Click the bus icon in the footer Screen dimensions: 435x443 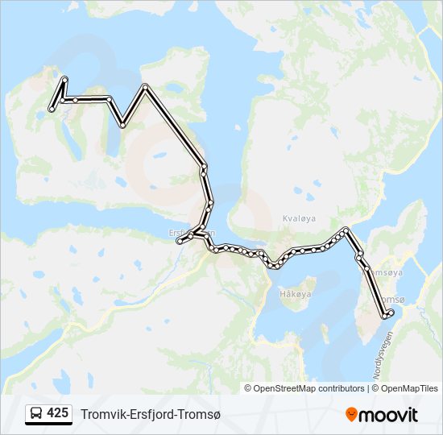36,414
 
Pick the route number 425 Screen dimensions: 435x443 57,413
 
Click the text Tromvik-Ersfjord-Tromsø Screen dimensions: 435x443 150,414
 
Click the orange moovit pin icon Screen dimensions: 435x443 351,414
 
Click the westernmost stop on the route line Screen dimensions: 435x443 52,109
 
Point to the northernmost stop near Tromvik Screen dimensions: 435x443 64,79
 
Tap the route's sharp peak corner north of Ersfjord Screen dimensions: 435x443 145,86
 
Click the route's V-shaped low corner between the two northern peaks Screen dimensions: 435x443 122,125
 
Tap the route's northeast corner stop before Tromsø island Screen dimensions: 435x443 346,230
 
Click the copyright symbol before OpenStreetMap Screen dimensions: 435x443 248,388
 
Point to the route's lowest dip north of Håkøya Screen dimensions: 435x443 275,265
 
